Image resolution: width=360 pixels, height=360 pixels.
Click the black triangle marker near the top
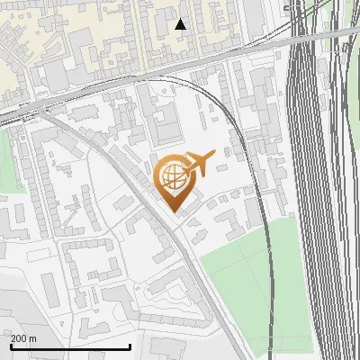181,24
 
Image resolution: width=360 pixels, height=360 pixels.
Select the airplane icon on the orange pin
199,164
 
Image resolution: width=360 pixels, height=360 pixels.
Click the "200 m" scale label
24,338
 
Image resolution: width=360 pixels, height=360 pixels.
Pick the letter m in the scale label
33,338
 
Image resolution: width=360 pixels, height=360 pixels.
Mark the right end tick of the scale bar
131,346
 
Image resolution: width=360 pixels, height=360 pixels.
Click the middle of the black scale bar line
69,347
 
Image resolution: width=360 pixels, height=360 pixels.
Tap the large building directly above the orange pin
165,121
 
